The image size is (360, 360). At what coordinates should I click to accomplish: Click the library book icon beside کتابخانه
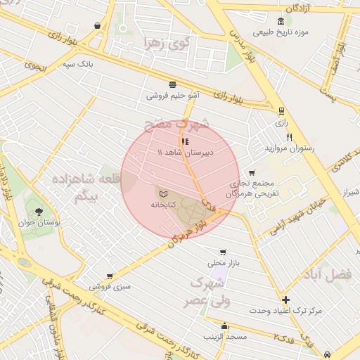pos(163,192)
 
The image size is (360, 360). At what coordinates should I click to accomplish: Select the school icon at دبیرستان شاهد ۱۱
pos(185,141)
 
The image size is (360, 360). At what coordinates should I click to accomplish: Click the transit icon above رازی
pos(282,110)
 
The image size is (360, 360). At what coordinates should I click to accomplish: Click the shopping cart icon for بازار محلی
pos(223,252)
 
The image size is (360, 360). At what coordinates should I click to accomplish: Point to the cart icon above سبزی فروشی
pos(109,277)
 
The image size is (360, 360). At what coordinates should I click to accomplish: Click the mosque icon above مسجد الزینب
pos(224,326)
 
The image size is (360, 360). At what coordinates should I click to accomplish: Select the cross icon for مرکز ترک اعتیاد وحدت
pos(285,300)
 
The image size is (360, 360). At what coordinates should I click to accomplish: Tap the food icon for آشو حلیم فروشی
pos(173,84)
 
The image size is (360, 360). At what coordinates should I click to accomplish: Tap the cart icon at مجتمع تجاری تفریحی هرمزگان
pos(252,173)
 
